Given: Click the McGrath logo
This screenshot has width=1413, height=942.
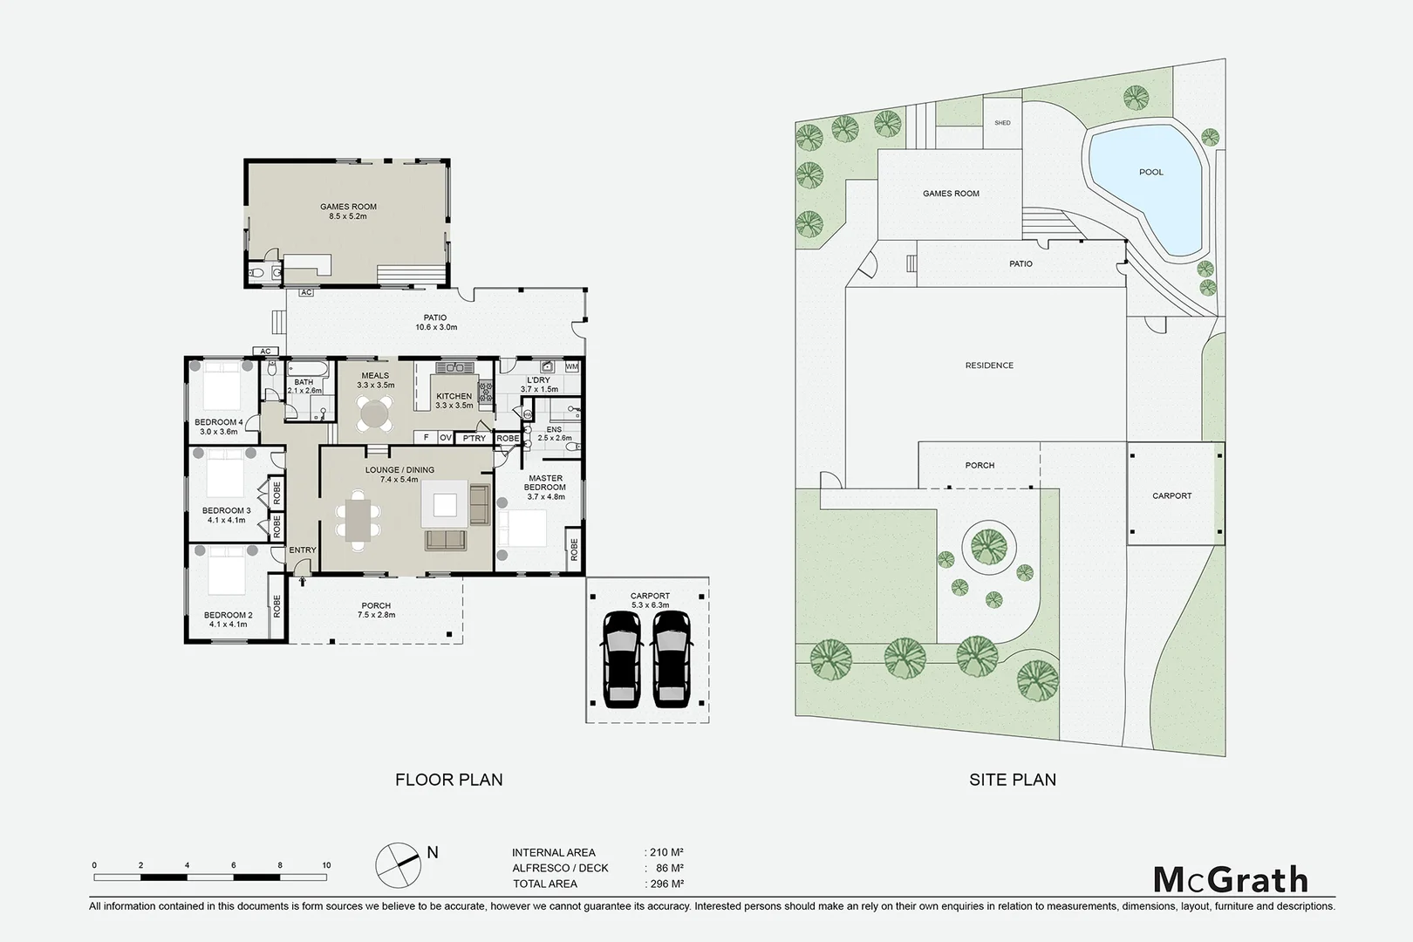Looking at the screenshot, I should pos(1231,879).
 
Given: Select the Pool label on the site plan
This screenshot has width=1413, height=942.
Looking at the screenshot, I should pos(1150,172).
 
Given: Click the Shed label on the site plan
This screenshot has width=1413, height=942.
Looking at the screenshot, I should pos(1002,123).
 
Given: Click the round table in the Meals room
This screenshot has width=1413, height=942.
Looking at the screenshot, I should pos(374,413).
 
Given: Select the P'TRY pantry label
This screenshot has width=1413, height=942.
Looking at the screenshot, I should pos(474,438).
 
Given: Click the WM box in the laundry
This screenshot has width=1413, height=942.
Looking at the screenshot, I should pos(571,367).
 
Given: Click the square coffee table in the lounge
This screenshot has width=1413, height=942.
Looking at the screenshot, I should pos(445,505).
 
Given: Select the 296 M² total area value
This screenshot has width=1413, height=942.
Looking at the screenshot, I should pos(666,884).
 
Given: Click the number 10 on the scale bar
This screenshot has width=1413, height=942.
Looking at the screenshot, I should pos(326,866).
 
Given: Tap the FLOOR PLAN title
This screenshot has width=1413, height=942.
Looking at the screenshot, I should pos(448,780).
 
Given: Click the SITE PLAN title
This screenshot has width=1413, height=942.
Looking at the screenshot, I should pos(1012,780).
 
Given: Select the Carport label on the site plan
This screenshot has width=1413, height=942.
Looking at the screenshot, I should pos(1171,495).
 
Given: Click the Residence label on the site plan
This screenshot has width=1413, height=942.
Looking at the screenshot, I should pos(989,365).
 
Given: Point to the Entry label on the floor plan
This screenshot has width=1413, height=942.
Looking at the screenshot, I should pos(303,549).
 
